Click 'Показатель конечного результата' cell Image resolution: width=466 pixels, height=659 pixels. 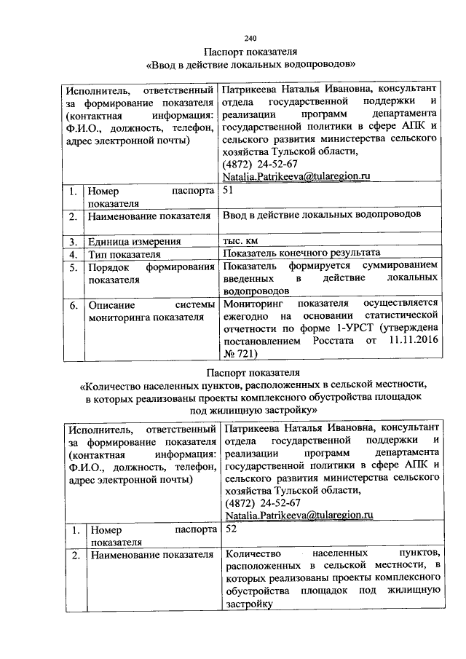(x=302, y=254)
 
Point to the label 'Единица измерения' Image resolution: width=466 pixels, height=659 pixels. (x=134, y=241)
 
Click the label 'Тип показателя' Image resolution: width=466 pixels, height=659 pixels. (x=124, y=254)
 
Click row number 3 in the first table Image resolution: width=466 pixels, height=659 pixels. (x=74, y=241)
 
